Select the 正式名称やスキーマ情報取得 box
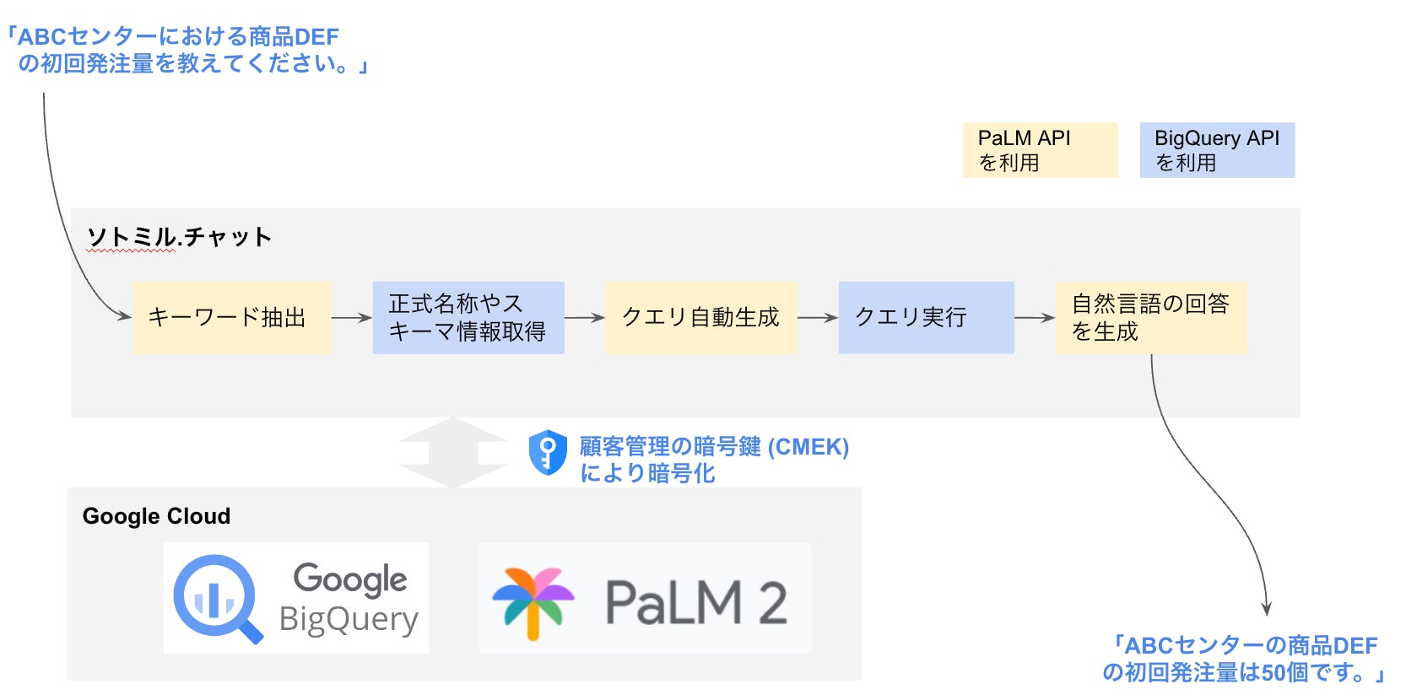click(x=468, y=318)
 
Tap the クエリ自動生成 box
click(x=700, y=318)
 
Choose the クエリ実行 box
click(x=926, y=318)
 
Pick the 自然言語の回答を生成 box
click(x=1151, y=318)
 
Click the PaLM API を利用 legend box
click(x=1040, y=150)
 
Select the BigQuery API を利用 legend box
click(x=1217, y=150)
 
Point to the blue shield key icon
click(x=548, y=453)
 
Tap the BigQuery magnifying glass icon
click(x=217, y=598)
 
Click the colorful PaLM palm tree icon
click(x=533, y=600)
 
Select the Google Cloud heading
click(x=156, y=516)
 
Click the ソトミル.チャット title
click(x=180, y=237)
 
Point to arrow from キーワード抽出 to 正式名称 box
click(x=351, y=318)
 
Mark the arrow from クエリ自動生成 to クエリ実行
click(x=817, y=318)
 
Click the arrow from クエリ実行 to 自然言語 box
click(x=1035, y=318)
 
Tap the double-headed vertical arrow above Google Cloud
click(x=453, y=453)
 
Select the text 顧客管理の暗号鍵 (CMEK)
click(x=714, y=446)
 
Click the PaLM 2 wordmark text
click(x=696, y=602)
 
